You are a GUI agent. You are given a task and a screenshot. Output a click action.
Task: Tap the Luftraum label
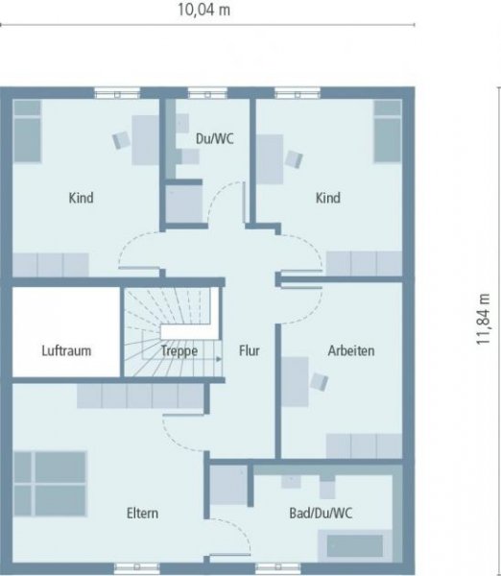coord(66,351)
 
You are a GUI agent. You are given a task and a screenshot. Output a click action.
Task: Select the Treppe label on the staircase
coord(179,351)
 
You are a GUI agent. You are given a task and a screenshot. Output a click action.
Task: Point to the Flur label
coord(250,351)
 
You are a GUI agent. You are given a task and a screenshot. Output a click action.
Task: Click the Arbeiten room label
coord(350,350)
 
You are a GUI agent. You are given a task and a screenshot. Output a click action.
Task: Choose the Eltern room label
coord(142,514)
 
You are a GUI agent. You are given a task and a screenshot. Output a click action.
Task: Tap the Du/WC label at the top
coord(214,138)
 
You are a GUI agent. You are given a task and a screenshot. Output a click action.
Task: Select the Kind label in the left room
coord(81,199)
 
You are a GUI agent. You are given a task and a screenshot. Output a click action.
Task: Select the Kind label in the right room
coord(328,199)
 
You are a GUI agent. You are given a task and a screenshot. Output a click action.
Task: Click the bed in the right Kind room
coord(388,130)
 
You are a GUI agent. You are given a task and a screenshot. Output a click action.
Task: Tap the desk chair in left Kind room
coord(122,139)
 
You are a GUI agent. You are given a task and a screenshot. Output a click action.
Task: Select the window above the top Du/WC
coord(202,93)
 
